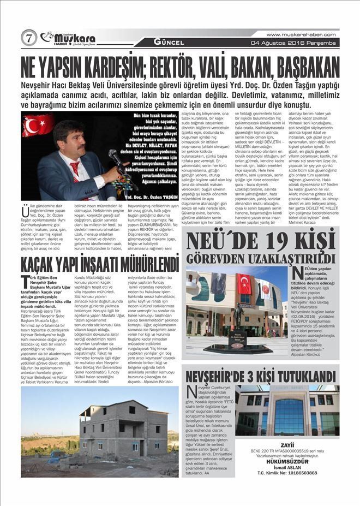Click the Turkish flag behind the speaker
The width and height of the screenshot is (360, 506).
[x=38, y=125]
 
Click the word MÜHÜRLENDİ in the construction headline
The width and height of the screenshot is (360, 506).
[x=136, y=265]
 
